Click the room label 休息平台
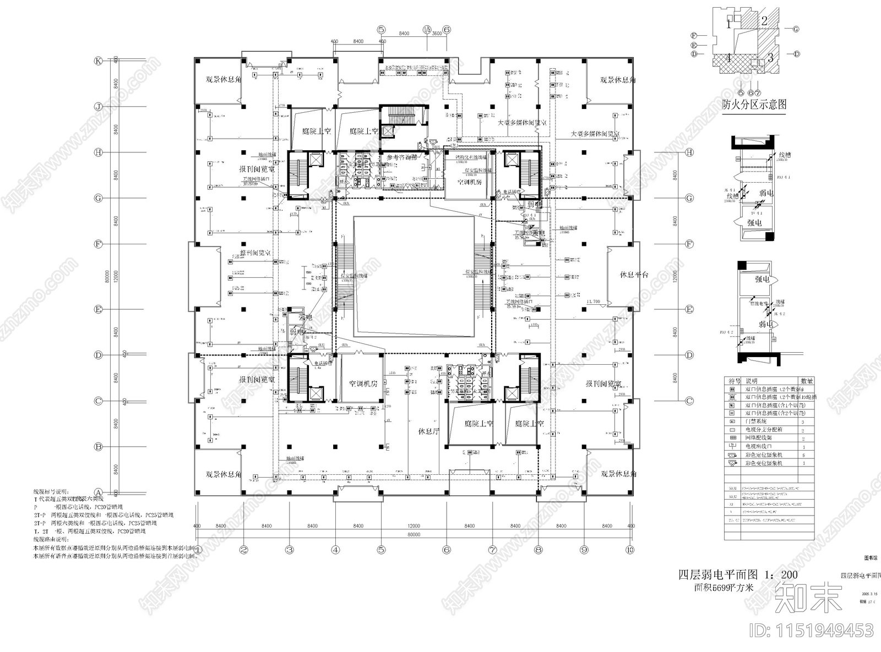click(634, 275)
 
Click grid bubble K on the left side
click(99, 61)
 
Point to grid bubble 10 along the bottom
click(630, 549)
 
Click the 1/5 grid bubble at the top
click(427, 29)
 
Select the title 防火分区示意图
click(754, 104)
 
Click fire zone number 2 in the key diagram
click(764, 21)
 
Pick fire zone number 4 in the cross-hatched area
click(728, 57)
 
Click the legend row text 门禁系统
click(757, 421)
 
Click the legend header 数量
click(807, 381)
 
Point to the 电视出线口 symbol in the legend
click(732, 446)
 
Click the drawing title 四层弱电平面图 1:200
click(737, 574)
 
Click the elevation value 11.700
click(593, 302)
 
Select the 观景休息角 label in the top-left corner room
click(224, 80)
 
